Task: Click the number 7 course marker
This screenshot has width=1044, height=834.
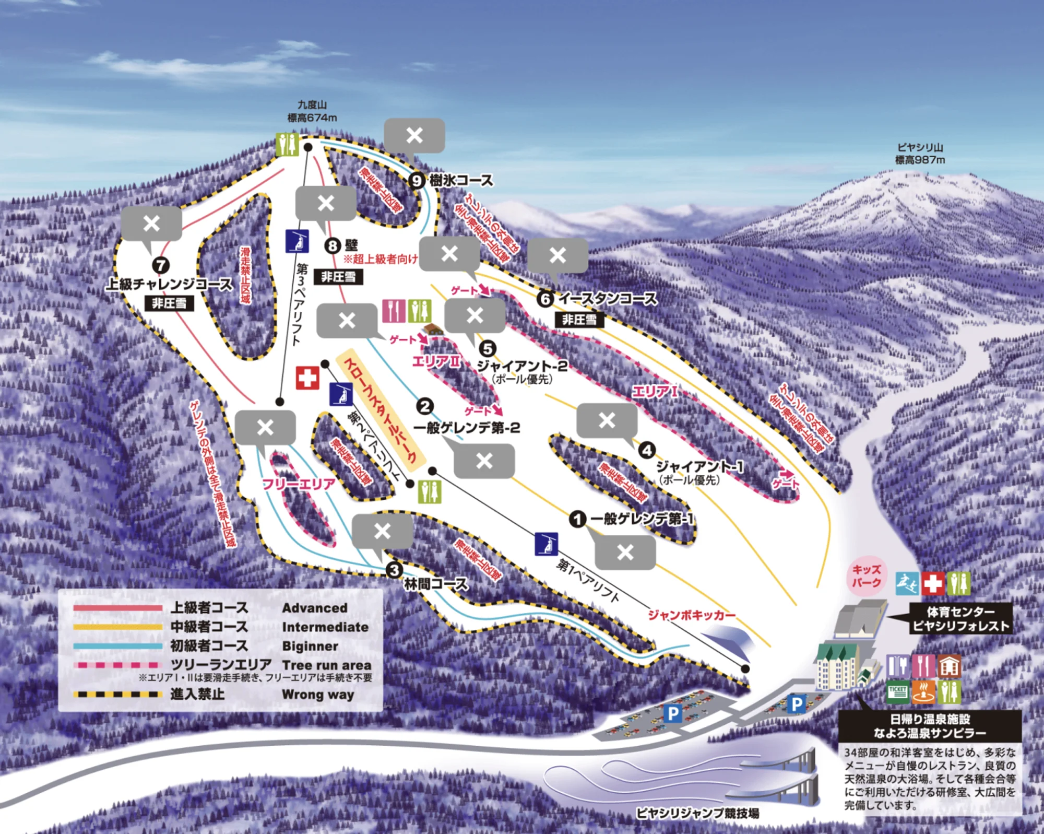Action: [161, 265]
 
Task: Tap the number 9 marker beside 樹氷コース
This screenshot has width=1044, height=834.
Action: [416, 181]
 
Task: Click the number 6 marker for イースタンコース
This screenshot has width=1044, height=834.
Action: [545, 299]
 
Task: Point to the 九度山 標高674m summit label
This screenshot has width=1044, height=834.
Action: [312, 112]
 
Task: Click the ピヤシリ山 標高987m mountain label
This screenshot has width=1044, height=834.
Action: [920, 154]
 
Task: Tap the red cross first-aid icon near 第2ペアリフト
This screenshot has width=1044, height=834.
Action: [307, 378]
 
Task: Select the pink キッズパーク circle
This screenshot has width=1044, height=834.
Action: [867, 576]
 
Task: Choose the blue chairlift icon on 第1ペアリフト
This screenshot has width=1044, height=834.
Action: [547, 544]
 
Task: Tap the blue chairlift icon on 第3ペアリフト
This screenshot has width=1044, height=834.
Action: [297, 241]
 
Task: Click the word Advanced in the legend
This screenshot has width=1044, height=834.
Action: [314, 608]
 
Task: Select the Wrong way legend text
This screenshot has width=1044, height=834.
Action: [317, 695]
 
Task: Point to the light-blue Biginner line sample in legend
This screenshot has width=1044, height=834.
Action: [118, 646]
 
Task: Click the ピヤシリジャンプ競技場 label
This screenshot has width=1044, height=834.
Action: [697, 813]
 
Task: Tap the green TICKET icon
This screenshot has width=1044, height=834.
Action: [897, 692]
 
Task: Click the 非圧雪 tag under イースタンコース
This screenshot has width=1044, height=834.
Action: [579, 320]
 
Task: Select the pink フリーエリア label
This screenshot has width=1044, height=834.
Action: [299, 484]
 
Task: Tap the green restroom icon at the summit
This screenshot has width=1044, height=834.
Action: [287, 144]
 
